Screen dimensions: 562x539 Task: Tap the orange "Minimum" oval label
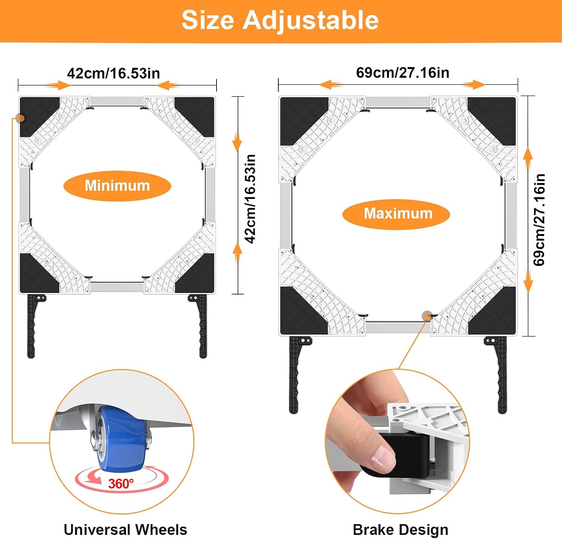click(117, 186)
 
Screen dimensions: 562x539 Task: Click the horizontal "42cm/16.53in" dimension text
click(114, 74)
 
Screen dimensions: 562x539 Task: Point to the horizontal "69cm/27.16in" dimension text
click(403, 73)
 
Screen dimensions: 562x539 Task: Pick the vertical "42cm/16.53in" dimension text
click(250, 199)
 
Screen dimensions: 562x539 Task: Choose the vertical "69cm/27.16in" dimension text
click(539, 220)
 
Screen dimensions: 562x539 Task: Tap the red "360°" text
click(121, 483)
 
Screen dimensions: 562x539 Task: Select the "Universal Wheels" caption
click(125, 530)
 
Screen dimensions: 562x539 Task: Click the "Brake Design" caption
click(401, 530)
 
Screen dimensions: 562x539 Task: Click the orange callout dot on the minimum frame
click(20, 119)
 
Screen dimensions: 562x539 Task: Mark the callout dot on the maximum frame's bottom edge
click(426, 316)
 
